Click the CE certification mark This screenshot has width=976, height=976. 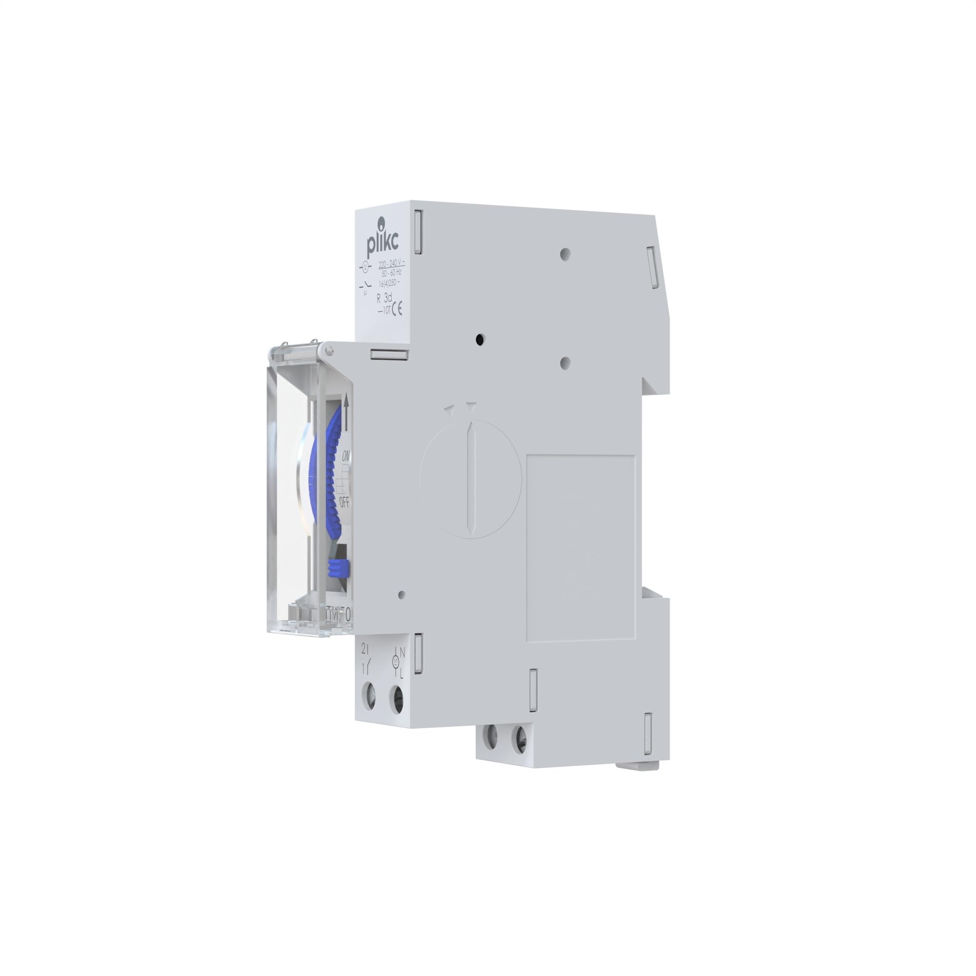[x=398, y=308]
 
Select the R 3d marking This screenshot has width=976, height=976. [x=385, y=299]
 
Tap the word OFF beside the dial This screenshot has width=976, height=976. [x=345, y=502]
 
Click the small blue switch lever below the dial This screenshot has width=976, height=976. [x=339, y=569]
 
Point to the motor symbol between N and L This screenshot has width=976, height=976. [x=396, y=662]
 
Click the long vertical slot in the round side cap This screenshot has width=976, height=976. [x=471, y=478]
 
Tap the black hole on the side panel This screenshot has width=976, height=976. [x=480, y=340]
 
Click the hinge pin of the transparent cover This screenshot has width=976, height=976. [x=329, y=349]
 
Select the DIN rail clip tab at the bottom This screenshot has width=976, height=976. [x=640, y=766]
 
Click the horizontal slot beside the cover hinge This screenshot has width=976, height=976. [x=389, y=355]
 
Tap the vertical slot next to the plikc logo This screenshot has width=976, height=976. [x=418, y=232]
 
